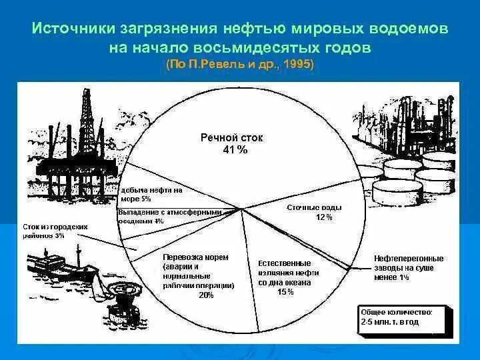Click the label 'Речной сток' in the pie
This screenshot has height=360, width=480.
232,138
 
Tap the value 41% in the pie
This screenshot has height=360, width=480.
235,150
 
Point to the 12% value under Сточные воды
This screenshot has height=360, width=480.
323,217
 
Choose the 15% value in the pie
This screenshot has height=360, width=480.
285,292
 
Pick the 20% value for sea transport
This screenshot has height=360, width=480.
206,295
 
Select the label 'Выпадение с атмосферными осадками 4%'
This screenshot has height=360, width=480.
169,216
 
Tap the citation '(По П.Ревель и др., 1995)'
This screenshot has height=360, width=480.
240,65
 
